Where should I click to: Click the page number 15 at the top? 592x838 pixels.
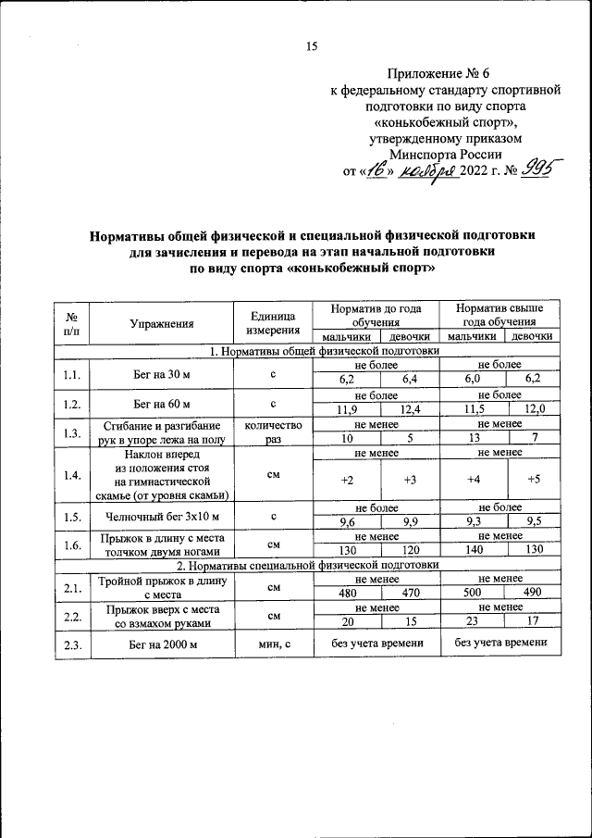point(312,47)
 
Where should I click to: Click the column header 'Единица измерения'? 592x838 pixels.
point(273,323)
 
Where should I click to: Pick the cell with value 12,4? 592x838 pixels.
point(408,409)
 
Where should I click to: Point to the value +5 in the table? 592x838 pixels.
point(534,480)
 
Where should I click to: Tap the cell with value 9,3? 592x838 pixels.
point(473,521)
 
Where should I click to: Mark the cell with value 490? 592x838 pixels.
point(532,593)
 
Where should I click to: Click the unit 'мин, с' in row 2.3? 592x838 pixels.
point(273,644)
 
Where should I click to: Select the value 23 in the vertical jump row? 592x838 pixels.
point(473,622)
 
